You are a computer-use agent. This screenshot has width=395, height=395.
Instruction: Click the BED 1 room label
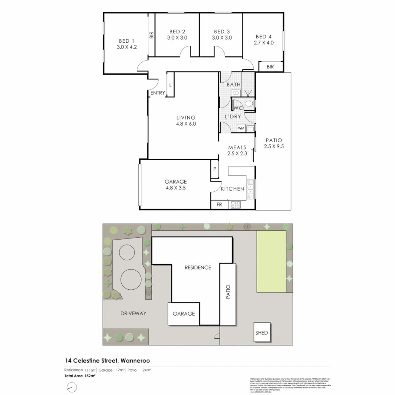(x=127, y=41)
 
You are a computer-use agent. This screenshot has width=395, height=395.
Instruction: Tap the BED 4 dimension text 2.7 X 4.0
(x=264, y=42)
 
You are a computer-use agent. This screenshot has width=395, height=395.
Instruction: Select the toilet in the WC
(x=250, y=105)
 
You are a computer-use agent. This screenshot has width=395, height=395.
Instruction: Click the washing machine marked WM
(x=241, y=128)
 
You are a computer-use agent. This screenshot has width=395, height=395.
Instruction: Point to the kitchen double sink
(x=251, y=189)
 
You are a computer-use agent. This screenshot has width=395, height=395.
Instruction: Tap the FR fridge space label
(x=219, y=205)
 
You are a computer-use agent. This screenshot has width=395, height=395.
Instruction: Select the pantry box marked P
(x=215, y=169)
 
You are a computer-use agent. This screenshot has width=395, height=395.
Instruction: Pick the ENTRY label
(x=158, y=93)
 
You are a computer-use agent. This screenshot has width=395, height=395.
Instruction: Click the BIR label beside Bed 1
(x=151, y=35)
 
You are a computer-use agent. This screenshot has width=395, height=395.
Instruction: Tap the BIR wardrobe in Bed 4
(x=270, y=67)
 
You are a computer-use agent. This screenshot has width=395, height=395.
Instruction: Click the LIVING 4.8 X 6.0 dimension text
(x=186, y=124)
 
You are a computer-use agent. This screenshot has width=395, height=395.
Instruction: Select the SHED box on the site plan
(x=262, y=332)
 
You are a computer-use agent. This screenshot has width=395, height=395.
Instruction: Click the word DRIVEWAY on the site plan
(x=133, y=313)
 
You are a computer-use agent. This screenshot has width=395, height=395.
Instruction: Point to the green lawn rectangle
(x=271, y=261)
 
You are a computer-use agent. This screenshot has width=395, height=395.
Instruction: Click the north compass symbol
(x=72, y=387)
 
